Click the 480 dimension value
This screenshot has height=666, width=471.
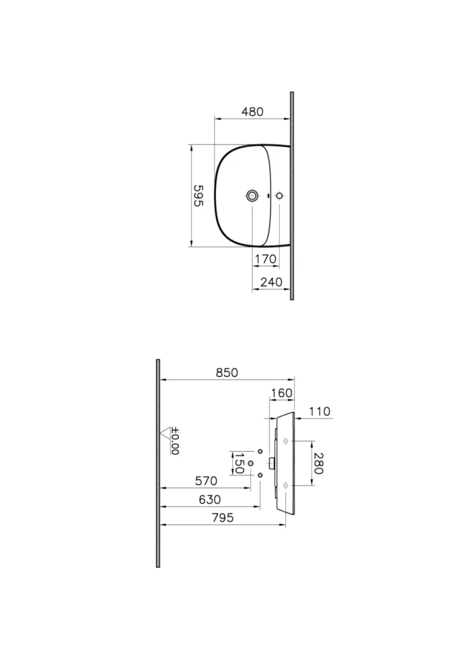tap(252, 112)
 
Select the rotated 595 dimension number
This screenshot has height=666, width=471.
tap(198, 195)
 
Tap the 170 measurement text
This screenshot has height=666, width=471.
tap(266, 259)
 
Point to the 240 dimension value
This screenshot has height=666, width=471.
tap(270, 282)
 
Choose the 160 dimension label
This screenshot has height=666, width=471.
tap(281, 393)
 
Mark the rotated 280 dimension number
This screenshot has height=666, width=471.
tap(318, 463)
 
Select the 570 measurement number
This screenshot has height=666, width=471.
tap(206, 481)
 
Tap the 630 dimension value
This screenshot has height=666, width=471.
tap(209, 500)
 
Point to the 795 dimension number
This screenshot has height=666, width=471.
tap(222, 518)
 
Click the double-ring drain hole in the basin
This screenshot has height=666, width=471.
tap(252, 196)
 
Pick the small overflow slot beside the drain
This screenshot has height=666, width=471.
tap(268, 196)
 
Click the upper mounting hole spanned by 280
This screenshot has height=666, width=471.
tap(287, 441)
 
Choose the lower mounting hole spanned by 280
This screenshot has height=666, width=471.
tap(287, 485)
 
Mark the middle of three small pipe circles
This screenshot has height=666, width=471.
tap(250, 463)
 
